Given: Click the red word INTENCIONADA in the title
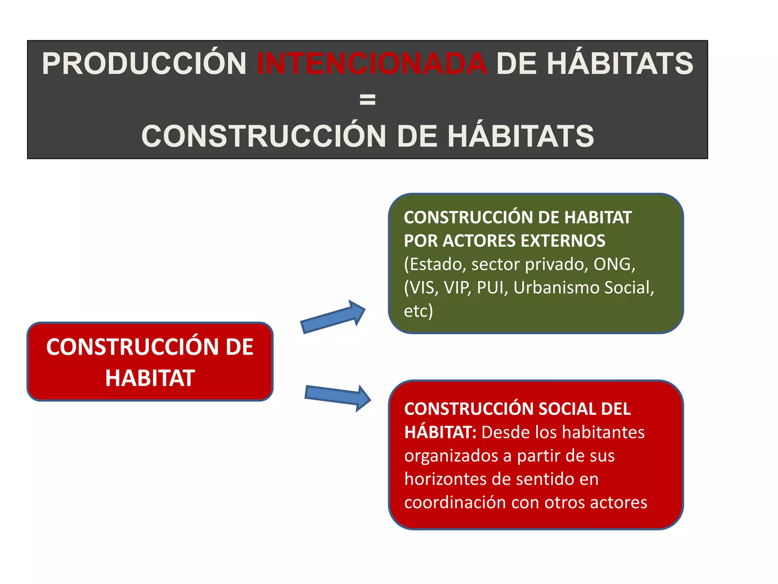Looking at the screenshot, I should coord(372,63).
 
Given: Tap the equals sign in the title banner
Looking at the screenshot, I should coord(367,100).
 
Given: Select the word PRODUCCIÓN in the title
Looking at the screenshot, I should coord(144,63).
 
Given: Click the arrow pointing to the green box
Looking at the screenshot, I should coord(333,317).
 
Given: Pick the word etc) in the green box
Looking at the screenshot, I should coord(418,311).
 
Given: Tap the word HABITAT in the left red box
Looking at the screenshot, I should coord(150,378).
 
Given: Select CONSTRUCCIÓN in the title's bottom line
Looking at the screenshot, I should coord(263,136).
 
